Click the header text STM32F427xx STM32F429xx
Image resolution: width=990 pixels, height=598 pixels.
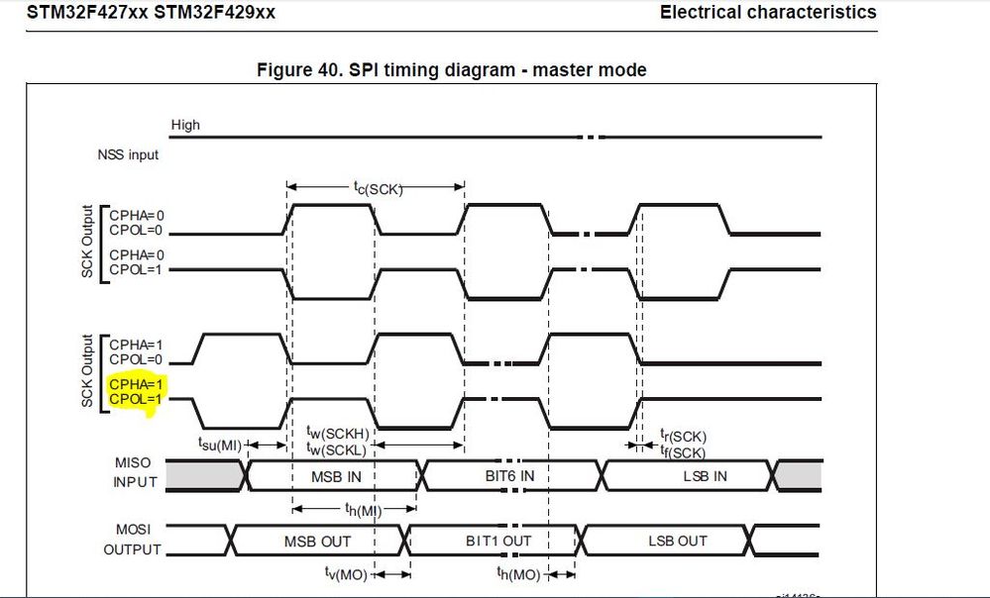click(x=152, y=13)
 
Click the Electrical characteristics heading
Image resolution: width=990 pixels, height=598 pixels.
click(x=768, y=13)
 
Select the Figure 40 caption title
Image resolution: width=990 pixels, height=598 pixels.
click(x=451, y=69)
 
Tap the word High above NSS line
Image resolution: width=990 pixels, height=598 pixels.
click(x=185, y=125)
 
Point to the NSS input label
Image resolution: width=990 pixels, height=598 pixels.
click(x=128, y=154)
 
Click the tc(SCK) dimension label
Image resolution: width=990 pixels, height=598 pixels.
click(x=379, y=187)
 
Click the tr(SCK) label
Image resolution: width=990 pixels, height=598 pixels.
click(x=684, y=436)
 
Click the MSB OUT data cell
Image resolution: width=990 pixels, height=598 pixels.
click(x=317, y=541)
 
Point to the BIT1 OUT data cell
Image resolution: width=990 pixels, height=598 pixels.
click(x=498, y=541)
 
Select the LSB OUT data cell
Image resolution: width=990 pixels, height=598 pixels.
click(x=678, y=541)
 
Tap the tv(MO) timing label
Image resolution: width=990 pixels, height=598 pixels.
click(x=347, y=574)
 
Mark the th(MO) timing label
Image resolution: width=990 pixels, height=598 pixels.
click(x=518, y=574)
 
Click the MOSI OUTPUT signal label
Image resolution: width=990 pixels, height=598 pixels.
click(x=132, y=541)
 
